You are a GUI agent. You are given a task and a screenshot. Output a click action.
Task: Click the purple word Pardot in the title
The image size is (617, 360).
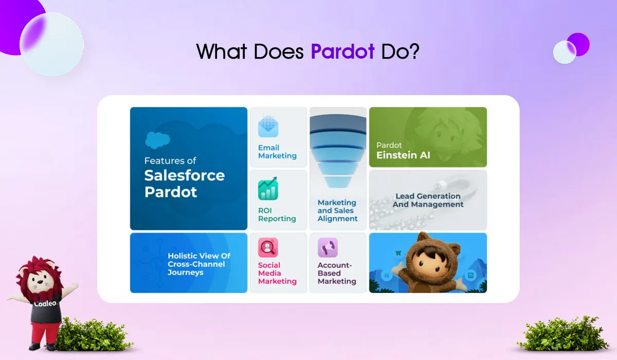[x=342, y=52]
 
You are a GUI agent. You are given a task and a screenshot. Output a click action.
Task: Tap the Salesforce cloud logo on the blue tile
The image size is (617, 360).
[x=157, y=140]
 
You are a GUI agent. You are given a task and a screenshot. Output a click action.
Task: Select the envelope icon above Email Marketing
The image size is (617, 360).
[x=268, y=126]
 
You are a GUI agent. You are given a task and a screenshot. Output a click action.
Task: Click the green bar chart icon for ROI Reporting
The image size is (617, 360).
[x=268, y=189]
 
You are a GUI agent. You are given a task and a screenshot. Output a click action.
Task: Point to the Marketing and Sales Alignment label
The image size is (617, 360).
[x=337, y=210]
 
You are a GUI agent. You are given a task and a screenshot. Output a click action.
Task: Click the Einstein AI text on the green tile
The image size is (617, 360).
[x=403, y=155]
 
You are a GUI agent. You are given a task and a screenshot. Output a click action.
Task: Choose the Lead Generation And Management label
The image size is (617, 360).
[x=428, y=200]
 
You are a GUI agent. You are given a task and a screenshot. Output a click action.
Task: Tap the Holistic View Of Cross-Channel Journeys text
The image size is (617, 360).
[x=199, y=264]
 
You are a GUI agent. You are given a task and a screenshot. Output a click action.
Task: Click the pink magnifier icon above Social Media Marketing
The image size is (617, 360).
[x=268, y=247]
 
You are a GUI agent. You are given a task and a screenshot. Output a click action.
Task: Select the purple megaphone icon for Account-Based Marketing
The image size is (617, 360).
[x=328, y=247]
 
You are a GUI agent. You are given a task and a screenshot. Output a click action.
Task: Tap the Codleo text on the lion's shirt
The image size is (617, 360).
[x=45, y=303]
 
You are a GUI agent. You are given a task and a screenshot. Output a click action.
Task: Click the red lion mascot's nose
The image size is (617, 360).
[x=40, y=282]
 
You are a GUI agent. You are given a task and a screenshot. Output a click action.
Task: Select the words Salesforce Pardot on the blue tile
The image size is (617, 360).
[x=184, y=184]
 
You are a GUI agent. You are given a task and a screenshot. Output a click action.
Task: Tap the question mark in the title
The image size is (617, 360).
[x=413, y=51]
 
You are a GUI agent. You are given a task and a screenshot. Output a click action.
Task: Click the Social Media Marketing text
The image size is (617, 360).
[x=277, y=273]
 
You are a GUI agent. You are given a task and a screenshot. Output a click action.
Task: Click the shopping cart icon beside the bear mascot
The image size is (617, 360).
[x=398, y=253]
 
